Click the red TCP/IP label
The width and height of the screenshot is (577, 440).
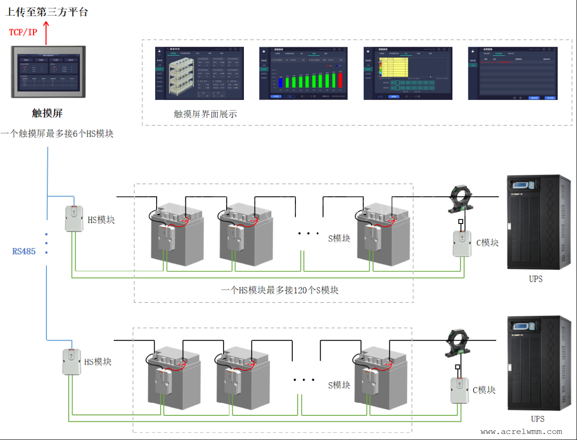coord(23,32)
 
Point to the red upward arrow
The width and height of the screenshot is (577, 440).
coord(46,32)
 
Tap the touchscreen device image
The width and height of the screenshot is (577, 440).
coord(48,71)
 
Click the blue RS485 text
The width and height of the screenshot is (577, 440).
coord(24,251)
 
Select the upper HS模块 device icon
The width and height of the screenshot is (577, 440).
coord(73,218)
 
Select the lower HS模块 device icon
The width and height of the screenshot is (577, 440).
coord(72,362)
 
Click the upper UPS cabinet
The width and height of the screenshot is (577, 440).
coord(539,223)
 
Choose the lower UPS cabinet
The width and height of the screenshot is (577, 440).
coord(539,364)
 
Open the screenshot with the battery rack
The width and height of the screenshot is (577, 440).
coord(199,73)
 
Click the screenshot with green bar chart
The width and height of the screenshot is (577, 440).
coord(303,73)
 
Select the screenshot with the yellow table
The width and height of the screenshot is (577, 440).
coord(408,73)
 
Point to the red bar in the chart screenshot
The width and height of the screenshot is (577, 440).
coord(341,79)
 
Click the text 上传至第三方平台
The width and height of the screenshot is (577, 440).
coord(46,12)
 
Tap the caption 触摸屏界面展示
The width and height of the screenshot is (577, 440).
coord(205,114)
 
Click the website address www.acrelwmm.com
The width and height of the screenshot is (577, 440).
coord(521,432)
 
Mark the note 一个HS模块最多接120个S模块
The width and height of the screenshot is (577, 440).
coord(280,290)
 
